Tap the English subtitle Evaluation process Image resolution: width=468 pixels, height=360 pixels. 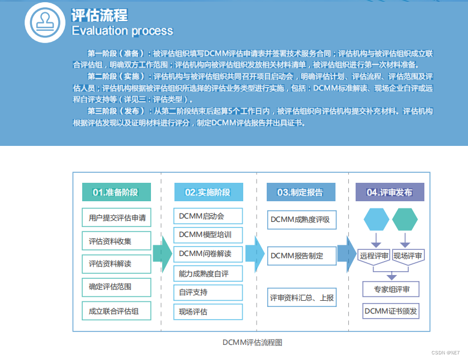tap(122, 31)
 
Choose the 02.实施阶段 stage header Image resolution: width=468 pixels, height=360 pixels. tap(208, 192)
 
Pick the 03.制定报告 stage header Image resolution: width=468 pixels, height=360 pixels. tap(300, 192)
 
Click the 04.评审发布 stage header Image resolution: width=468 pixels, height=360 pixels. tap(390, 192)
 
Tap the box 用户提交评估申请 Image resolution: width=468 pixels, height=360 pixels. tap(117, 218)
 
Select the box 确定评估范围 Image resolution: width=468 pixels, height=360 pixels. tap(117, 287)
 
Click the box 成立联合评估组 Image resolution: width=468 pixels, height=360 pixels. tap(117, 311)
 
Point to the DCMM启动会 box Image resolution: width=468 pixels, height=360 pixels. tap(208, 216)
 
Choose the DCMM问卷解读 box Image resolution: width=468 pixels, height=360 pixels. tap(208, 254)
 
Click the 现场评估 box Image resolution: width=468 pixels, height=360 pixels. tap(208, 312)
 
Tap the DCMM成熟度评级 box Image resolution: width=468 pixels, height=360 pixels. tap(301, 220)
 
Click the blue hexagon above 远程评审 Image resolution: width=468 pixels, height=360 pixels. tap(376, 219)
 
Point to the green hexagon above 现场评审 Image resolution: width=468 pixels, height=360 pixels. tap(405, 219)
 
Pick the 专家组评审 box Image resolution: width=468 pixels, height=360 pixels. tap(390, 290)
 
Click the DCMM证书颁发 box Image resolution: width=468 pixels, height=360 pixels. tap(390, 311)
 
